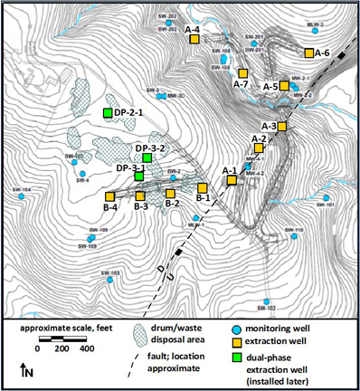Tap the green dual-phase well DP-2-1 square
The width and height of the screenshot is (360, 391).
click(108, 112)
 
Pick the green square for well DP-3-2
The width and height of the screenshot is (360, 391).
click(147, 158)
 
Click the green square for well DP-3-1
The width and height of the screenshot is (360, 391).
click(138, 176)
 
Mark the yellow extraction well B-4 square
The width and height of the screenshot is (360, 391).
click(110, 196)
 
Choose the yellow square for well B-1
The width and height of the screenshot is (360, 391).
click(202, 187)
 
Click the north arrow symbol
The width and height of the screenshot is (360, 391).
click(23, 369)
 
